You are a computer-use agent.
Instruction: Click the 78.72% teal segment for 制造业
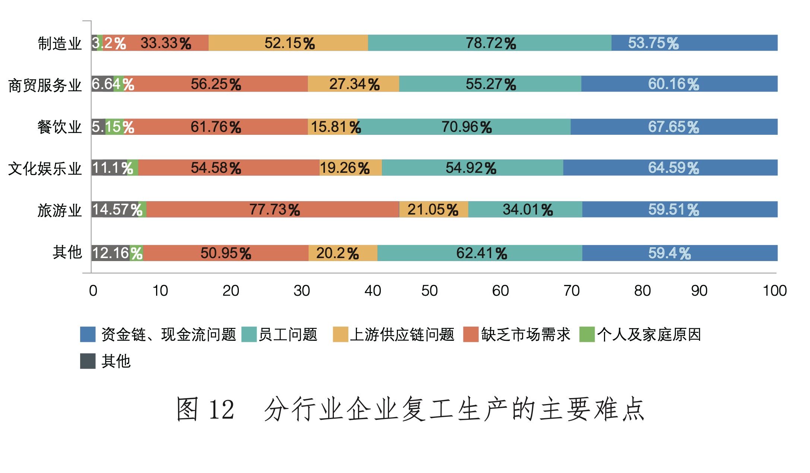tap(489, 43)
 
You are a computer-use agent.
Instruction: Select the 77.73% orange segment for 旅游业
tap(273, 209)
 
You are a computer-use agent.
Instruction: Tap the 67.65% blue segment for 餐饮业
tap(674, 127)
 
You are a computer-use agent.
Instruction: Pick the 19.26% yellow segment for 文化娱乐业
tap(350, 168)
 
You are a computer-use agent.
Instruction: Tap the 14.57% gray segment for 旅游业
tap(115, 209)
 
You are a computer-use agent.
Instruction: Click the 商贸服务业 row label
tap(45, 85)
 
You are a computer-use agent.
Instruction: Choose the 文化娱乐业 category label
tap(45, 169)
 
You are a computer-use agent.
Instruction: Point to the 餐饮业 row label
tap(59, 127)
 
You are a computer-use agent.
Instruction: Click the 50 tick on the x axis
tap(429, 291)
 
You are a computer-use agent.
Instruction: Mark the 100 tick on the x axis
tap(775, 291)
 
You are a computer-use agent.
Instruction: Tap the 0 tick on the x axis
tap(93, 291)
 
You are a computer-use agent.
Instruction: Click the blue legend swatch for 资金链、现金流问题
tap(88, 334)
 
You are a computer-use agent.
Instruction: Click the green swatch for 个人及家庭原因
tap(587, 334)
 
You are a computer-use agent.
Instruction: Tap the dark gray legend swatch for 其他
tap(88, 361)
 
